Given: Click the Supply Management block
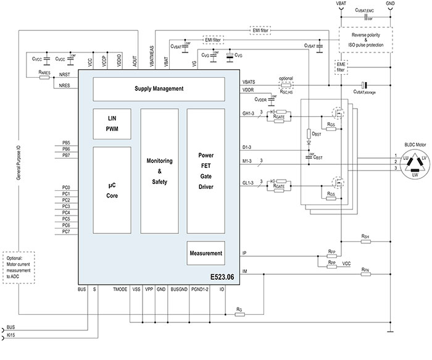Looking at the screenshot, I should click(x=159, y=89).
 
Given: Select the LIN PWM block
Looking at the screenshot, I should click(x=112, y=123).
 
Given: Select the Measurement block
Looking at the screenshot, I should click(x=206, y=253).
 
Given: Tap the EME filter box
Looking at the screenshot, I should click(x=341, y=67).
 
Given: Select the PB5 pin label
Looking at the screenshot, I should click(x=67, y=143).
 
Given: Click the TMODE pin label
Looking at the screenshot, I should click(x=120, y=288).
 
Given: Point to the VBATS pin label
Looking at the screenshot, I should click(x=250, y=82).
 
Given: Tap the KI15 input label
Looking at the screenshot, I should click(x=11, y=335).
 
